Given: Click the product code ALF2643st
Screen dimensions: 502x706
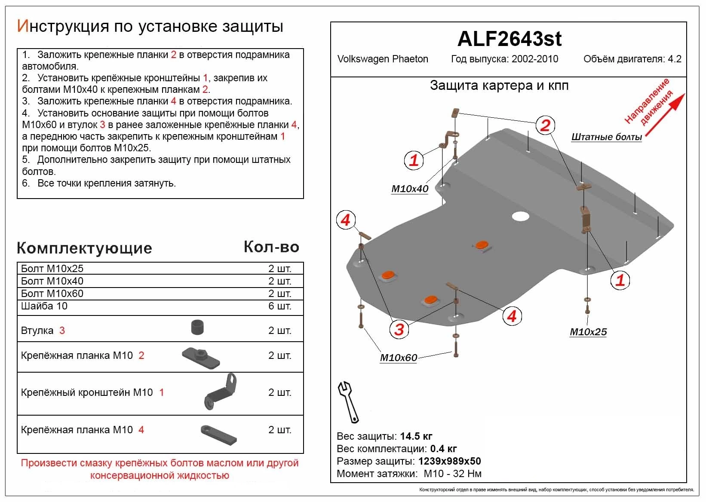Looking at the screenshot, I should point(509,39).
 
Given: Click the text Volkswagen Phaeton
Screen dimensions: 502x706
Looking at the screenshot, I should point(383,59).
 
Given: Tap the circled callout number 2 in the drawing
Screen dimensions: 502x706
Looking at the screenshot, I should point(545,125).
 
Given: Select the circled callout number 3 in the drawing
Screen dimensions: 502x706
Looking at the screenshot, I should point(399,329).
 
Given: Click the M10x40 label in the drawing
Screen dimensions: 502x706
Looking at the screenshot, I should point(409,189).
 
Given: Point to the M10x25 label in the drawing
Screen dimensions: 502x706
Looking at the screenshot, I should point(588,332).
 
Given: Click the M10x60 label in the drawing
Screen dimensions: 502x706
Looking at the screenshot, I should point(398,358).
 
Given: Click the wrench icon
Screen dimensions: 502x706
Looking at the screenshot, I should point(348,401).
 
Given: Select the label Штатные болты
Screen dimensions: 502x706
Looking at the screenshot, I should point(606,137).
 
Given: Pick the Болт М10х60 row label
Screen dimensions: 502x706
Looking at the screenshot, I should point(52,294).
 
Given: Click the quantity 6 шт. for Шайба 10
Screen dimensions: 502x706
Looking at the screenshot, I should point(279,306).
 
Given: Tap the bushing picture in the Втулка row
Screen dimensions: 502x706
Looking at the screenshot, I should point(197,328).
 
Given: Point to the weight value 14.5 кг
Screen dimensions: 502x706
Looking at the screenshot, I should point(416,436).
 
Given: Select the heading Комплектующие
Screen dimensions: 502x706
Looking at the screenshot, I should point(84,248).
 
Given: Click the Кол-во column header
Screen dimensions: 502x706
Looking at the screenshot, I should point(271,247).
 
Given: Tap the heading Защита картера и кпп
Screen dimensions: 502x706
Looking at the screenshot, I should point(499,86).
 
